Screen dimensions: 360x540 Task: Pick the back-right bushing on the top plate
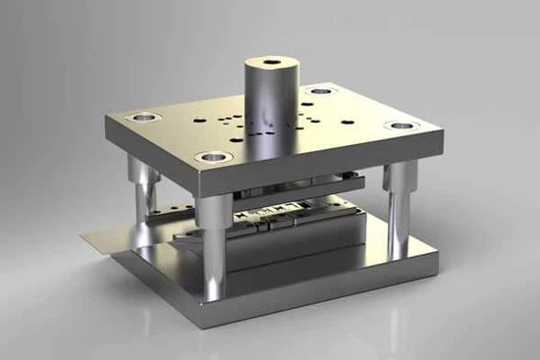point(319,93)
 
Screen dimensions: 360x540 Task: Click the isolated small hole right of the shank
point(347,119)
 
